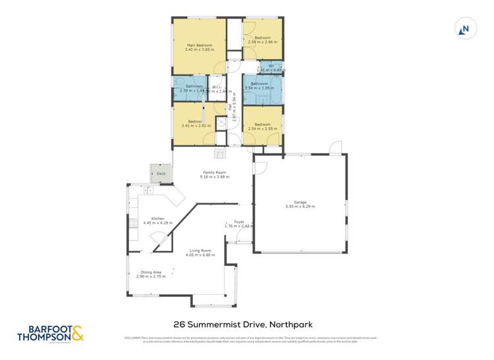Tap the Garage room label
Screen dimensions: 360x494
300,202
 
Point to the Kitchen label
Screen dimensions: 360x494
157,219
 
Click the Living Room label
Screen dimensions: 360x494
200,251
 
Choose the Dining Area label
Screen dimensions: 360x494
150,272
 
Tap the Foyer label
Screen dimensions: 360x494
239,222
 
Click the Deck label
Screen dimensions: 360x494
161,174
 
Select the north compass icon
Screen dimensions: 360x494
465,28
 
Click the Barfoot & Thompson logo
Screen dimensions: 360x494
56,332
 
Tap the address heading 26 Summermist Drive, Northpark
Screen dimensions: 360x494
242,324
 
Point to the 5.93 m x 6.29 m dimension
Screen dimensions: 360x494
300,207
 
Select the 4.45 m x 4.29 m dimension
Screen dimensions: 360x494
157,223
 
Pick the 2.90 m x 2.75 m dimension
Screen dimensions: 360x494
150,276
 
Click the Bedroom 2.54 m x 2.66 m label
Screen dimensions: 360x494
263,38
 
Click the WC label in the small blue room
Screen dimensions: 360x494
271,64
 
